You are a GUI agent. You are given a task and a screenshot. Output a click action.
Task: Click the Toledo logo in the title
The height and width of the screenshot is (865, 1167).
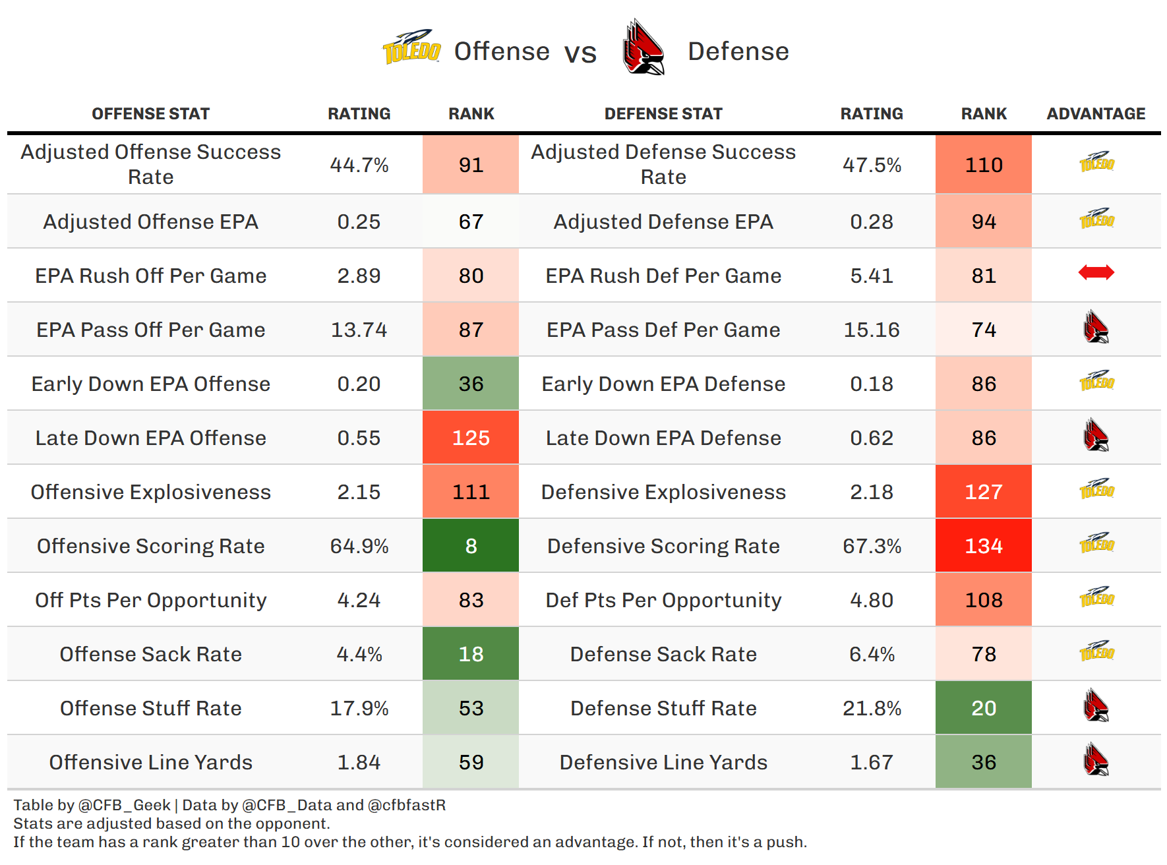click(411, 47)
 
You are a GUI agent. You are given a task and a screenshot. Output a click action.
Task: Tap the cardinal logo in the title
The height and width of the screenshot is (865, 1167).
click(643, 48)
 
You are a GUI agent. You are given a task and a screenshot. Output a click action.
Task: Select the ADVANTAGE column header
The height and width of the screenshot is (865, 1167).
click(1096, 114)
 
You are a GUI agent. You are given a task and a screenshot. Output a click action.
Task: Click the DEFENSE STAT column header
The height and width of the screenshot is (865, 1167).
click(663, 114)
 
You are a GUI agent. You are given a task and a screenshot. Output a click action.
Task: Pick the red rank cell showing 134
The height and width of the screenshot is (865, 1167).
click(983, 546)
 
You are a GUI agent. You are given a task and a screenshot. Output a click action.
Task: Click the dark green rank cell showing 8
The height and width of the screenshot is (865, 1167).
click(471, 546)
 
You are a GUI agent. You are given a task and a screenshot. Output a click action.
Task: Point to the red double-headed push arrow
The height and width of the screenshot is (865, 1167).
click(1096, 272)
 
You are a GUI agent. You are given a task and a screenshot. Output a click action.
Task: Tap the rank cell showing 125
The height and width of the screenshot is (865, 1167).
click(471, 438)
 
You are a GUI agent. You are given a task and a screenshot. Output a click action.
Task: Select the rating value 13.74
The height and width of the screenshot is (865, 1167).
click(359, 330)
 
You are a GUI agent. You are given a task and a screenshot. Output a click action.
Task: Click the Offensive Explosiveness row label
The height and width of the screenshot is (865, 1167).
click(151, 492)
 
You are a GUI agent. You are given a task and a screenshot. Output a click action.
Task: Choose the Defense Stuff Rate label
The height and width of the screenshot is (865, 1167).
click(663, 708)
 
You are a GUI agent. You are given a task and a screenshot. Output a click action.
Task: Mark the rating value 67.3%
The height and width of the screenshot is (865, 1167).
click(872, 546)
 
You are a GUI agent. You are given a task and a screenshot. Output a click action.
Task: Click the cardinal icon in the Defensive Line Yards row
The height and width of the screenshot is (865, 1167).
click(1096, 760)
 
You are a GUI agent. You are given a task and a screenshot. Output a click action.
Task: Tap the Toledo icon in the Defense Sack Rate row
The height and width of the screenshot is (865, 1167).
click(1096, 651)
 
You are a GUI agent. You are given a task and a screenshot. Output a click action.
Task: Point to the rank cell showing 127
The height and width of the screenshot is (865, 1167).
click(983, 492)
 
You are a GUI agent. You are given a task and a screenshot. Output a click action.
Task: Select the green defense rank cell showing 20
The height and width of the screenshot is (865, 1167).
click(983, 708)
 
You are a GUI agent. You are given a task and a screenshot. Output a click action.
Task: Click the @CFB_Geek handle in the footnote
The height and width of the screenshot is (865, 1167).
click(124, 805)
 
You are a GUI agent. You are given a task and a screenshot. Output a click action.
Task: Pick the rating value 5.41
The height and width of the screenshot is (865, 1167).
click(872, 276)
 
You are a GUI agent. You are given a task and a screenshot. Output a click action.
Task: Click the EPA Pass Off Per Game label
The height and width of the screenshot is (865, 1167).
click(151, 330)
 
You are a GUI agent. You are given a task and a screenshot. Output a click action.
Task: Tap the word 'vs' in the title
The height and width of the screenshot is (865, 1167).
click(580, 53)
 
